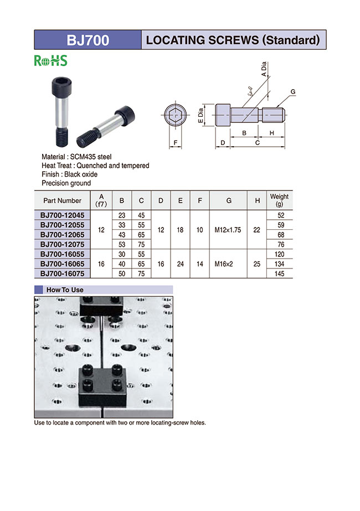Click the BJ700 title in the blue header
click(88, 40)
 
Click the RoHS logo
click(50, 61)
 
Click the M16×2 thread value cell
click(228, 265)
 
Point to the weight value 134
click(279, 265)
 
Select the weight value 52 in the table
click(279, 215)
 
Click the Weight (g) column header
click(279, 200)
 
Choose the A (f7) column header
click(101, 200)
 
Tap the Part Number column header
click(61, 200)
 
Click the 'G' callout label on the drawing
click(292, 91)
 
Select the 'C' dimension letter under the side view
click(257, 143)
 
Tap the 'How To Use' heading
click(65, 290)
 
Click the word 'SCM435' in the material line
click(81, 157)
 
